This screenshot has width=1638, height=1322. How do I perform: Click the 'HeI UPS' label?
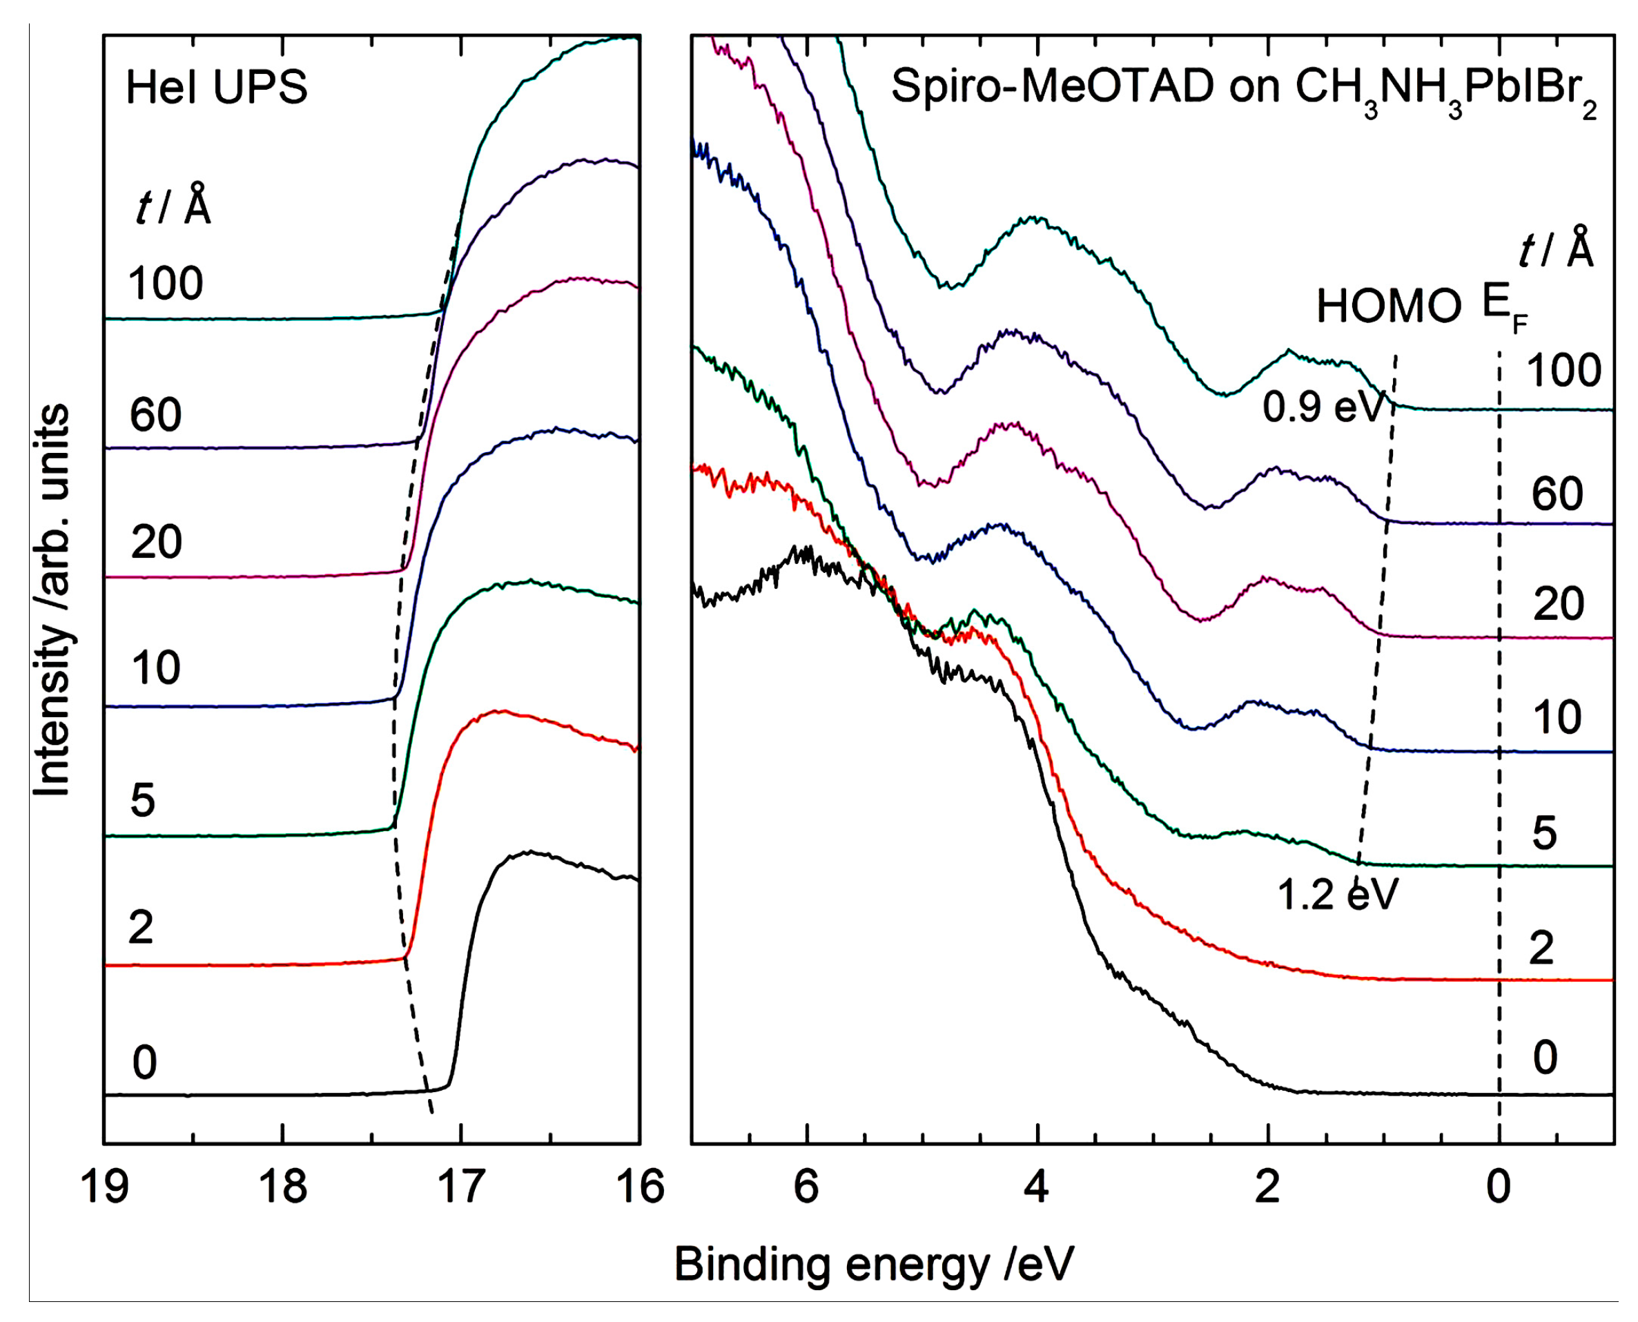(216, 87)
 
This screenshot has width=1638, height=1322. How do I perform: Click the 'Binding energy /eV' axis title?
(873, 1265)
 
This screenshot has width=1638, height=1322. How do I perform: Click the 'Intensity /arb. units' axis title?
(52, 601)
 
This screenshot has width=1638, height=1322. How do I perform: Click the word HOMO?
(1389, 307)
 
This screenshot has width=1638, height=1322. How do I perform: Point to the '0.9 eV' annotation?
(1322, 407)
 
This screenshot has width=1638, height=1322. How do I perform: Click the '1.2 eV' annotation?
(1338, 894)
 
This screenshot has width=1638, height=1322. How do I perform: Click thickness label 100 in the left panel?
(165, 284)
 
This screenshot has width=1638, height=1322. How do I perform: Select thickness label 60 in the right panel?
(1557, 494)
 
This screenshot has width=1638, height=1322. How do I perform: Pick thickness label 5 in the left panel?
(142, 800)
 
